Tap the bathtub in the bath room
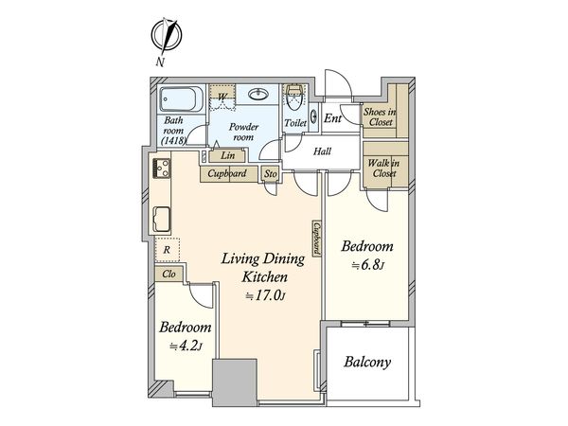[x=182, y=99]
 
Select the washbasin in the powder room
[x=258, y=95]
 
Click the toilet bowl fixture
[x=294, y=98]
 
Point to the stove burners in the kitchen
[x=162, y=169]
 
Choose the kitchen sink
[x=162, y=219]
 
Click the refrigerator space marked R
[x=167, y=250]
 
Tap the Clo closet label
[x=169, y=274]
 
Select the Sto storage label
[x=271, y=174]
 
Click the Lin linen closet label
[x=228, y=155]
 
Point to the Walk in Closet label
[x=384, y=169]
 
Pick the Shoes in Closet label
[x=380, y=117]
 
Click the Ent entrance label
[x=332, y=118]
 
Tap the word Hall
[x=322, y=151]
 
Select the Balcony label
[x=367, y=362]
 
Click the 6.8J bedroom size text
[x=367, y=265]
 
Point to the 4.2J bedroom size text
[x=186, y=346]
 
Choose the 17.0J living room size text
[x=265, y=296]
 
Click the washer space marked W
[x=222, y=97]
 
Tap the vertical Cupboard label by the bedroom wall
[x=317, y=239]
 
